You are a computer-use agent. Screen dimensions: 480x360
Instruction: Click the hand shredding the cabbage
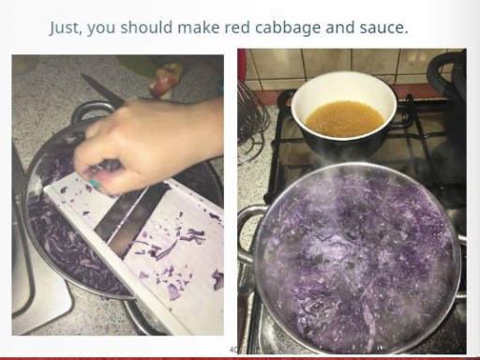point(147,143)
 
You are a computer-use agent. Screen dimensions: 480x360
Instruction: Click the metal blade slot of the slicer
point(131,218)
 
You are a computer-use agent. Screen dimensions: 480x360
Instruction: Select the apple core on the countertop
point(164,79)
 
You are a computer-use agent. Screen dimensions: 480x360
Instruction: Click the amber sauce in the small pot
point(344,118)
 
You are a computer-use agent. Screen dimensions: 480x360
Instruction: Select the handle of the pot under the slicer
point(91,111)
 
